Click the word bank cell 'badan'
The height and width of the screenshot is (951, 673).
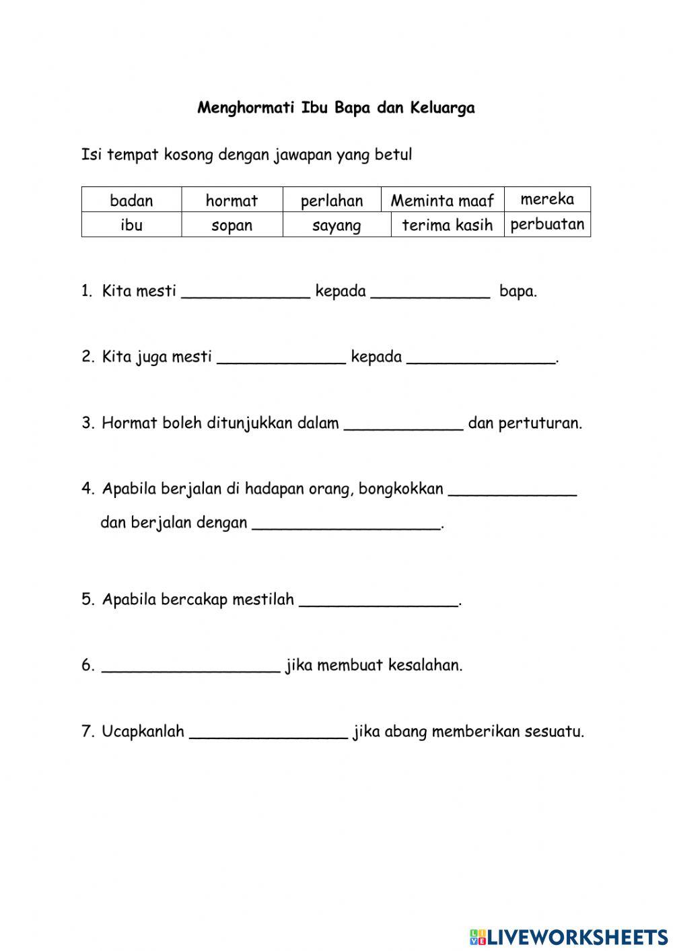click(131, 201)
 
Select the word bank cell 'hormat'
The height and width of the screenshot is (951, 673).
click(232, 201)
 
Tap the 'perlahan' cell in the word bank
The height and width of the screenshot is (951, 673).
click(332, 201)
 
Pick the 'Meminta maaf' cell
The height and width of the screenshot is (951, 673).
click(442, 201)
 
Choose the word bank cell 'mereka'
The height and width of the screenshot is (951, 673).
click(547, 199)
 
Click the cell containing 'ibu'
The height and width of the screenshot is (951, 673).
click(131, 225)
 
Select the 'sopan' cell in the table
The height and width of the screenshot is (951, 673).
click(232, 225)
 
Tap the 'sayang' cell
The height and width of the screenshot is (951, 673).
click(336, 225)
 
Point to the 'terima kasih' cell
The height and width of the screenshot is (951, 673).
click(448, 225)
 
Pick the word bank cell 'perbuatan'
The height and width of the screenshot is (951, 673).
click(547, 224)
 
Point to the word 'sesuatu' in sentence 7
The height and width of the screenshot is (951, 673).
click(555, 731)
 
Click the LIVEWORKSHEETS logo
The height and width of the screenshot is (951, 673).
click(569, 936)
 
